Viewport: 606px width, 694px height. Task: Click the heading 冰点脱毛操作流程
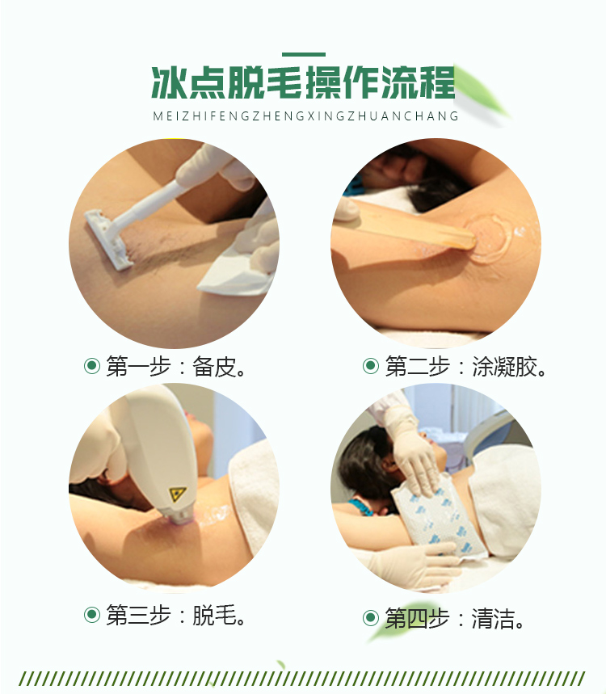(x=303, y=82)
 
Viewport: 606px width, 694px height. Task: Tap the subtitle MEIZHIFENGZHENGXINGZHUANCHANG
(x=306, y=116)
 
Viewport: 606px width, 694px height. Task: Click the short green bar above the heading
(x=304, y=54)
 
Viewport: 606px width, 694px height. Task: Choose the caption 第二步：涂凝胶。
(x=466, y=367)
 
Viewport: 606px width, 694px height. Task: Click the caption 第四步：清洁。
(x=455, y=618)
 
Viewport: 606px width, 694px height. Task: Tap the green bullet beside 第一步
(x=92, y=366)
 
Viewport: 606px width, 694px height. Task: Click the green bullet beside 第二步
(x=371, y=366)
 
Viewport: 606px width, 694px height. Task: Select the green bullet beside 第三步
(x=92, y=614)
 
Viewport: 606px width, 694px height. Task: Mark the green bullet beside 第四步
(x=371, y=618)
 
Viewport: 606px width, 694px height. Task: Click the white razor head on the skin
(x=107, y=238)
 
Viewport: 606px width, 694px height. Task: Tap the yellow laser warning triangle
(x=178, y=494)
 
